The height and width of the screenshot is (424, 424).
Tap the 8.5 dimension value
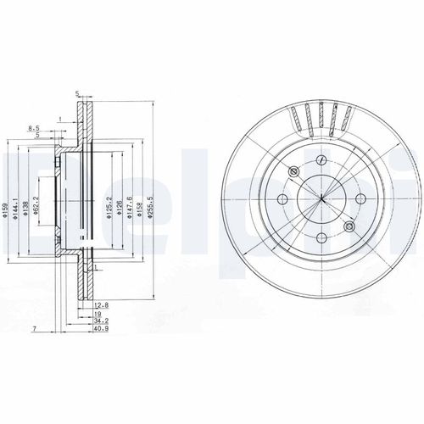35,128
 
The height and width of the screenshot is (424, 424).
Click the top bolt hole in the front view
317,163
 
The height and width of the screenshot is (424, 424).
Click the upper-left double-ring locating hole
293,172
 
